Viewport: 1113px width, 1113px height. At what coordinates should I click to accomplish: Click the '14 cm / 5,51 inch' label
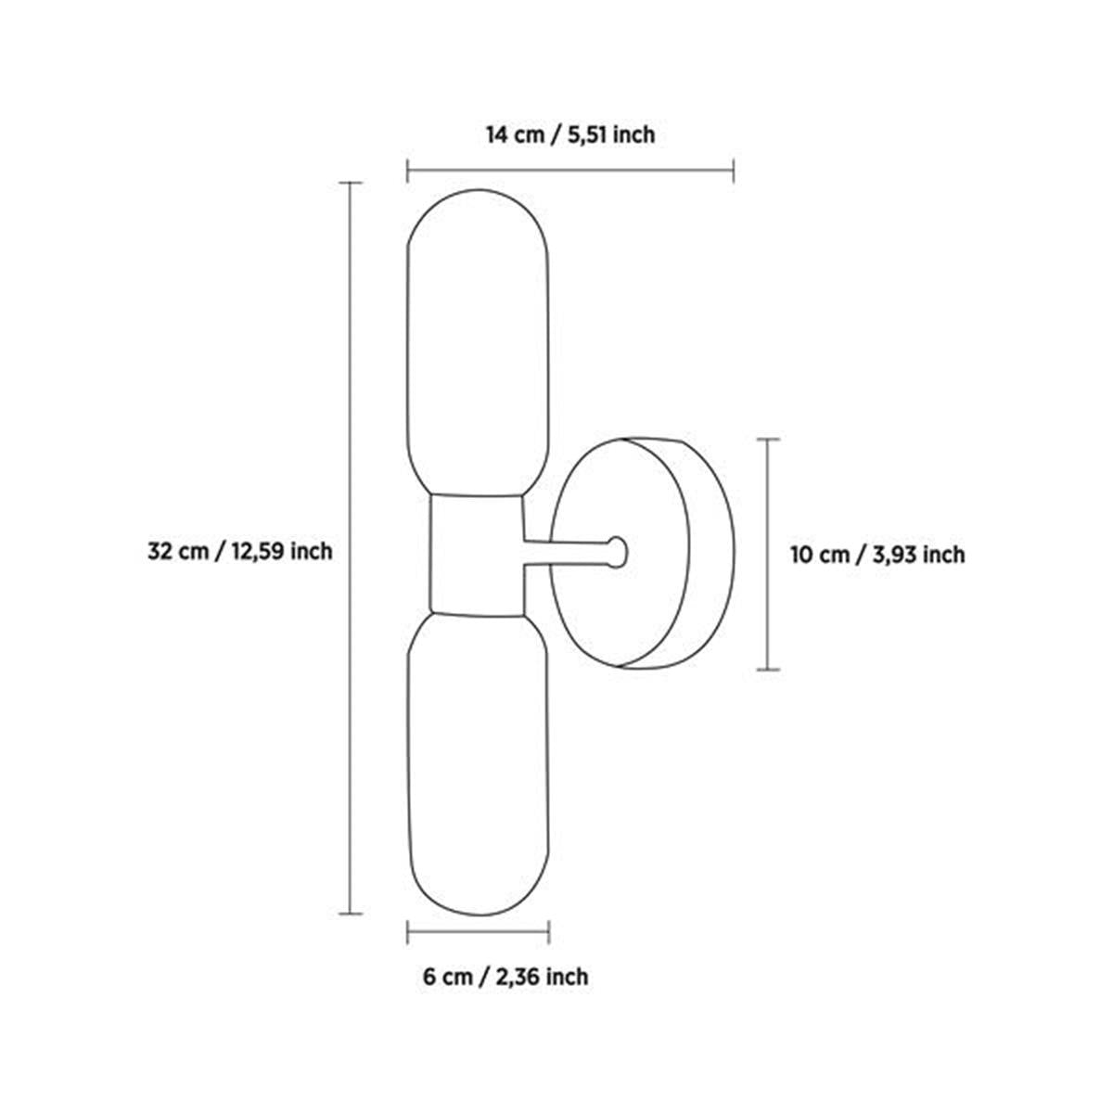coord(570,135)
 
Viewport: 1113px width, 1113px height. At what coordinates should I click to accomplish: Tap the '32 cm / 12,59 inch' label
coord(239,551)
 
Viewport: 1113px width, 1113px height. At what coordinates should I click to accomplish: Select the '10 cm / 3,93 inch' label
coord(877,555)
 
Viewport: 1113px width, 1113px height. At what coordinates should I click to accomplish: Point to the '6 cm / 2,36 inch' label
coord(505,976)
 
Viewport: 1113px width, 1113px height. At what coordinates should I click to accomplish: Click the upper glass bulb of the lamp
coord(479,343)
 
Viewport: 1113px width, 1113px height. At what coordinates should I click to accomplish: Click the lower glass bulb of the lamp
coord(479,761)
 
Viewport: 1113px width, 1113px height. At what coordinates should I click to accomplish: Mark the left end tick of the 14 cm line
coord(408,171)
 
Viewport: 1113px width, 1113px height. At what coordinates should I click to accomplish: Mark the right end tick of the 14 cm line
coord(734,171)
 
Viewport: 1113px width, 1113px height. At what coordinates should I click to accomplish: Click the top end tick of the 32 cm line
coord(349,184)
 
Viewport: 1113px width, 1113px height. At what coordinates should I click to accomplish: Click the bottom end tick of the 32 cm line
coord(349,914)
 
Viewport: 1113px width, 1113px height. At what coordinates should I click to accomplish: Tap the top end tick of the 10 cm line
coord(767,440)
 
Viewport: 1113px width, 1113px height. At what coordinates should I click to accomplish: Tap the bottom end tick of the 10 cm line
coord(767,668)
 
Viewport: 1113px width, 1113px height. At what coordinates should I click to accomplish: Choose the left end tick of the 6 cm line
coord(408,931)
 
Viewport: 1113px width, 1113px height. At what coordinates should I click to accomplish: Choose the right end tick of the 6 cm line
coord(549,931)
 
